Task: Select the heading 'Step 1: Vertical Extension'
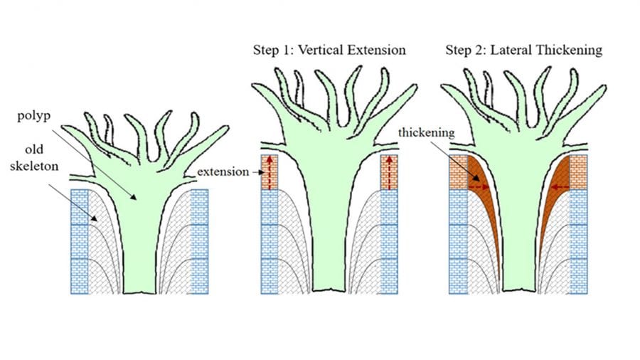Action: tap(329, 50)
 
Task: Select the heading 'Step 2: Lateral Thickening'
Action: tap(523, 50)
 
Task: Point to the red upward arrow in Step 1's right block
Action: tap(388, 171)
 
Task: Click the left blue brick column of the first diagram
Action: tap(79, 242)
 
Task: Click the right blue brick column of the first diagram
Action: tap(199, 242)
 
